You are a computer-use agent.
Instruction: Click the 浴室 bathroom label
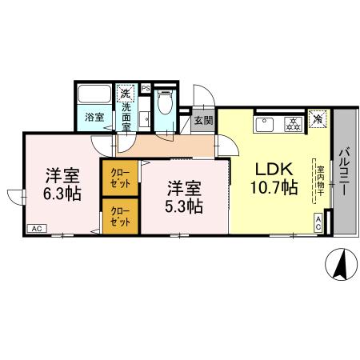click(95, 118)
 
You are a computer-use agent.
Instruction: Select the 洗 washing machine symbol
click(125, 94)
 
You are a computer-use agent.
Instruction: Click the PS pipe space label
click(146, 87)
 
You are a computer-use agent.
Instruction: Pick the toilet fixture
click(164, 105)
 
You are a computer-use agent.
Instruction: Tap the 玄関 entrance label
click(202, 122)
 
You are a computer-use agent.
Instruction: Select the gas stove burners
click(292, 123)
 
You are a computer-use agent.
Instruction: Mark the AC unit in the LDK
click(318, 225)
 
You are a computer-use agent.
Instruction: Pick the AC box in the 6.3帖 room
click(36, 229)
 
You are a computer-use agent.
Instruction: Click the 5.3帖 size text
click(185, 206)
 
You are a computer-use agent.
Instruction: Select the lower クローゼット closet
click(119, 215)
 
